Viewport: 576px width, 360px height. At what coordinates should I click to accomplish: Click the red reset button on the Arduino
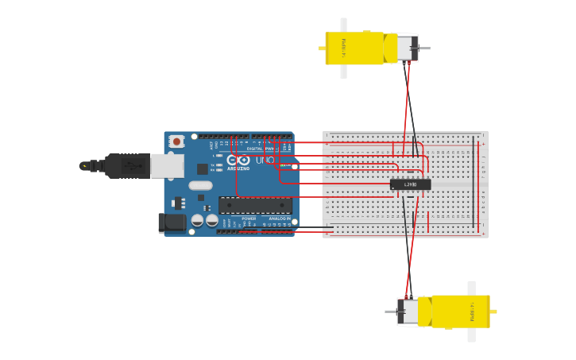[176, 141]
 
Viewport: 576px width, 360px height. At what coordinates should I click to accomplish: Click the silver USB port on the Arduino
[168, 165]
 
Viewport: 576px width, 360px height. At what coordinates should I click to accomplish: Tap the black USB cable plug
[127, 165]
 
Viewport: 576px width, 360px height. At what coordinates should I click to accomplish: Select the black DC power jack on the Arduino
[172, 223]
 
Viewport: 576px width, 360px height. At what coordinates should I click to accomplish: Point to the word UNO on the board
[265, 161]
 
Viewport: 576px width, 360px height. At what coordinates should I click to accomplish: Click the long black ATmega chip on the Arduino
[254, 205]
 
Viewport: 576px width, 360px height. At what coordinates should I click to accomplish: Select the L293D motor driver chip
[410, 184]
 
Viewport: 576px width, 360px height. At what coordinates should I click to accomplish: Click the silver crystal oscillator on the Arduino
[200, 185]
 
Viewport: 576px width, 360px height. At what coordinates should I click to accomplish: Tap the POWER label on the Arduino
[249, 219]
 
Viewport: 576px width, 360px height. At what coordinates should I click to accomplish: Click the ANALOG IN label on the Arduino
[279, 219]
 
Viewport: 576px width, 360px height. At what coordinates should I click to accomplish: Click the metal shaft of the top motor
[423, 48]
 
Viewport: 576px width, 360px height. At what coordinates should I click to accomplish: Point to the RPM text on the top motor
[343, 47]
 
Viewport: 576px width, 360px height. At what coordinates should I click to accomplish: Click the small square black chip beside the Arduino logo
[202, 168]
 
